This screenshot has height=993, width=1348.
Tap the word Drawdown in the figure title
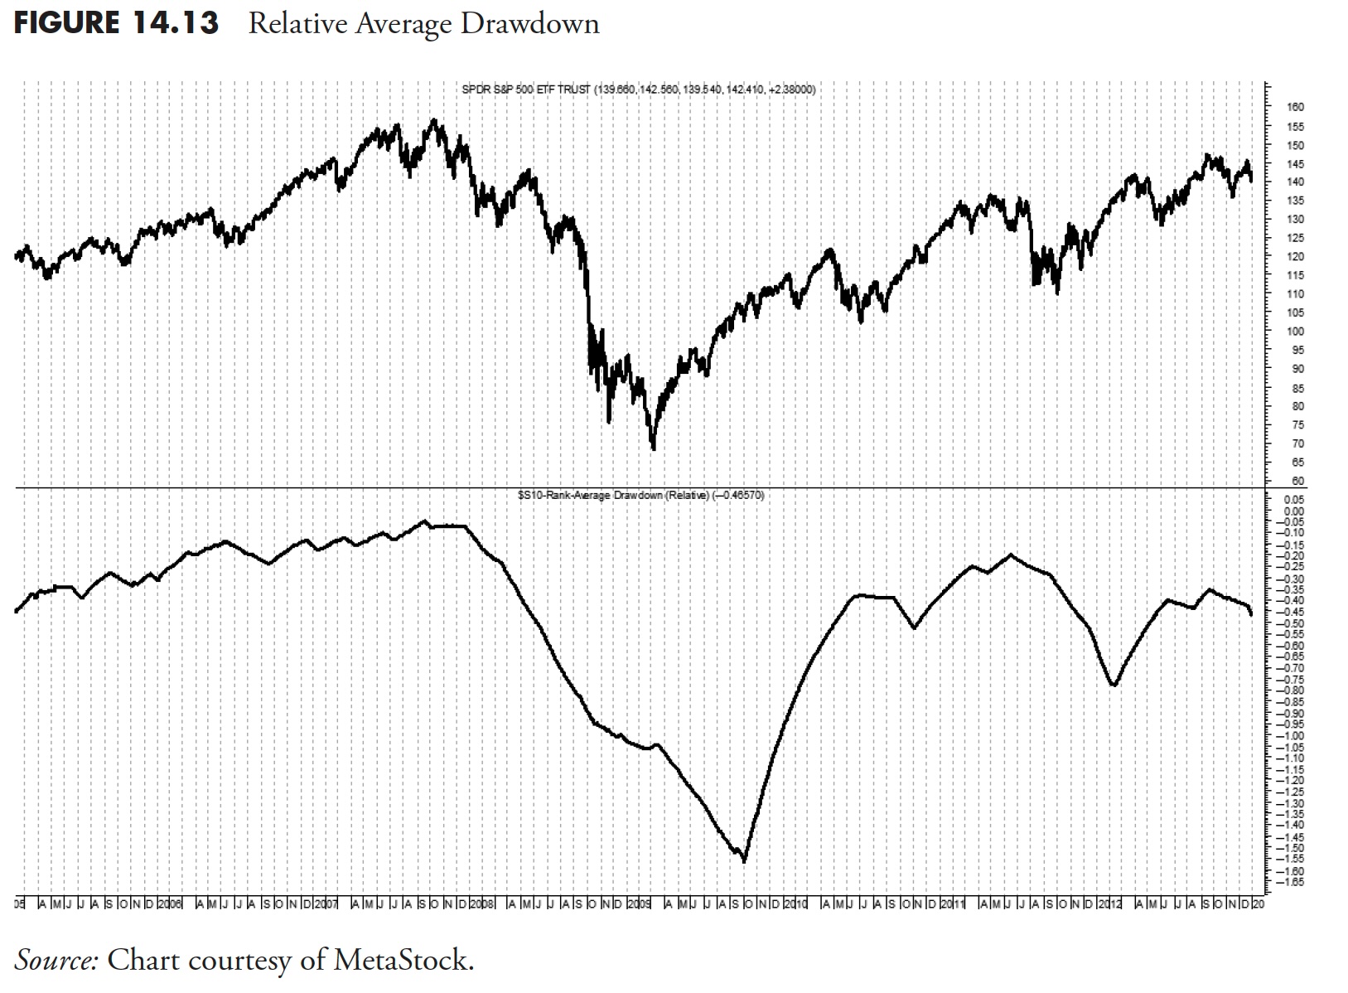tap(529, 23)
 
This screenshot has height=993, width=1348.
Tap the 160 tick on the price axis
tap(1295, 107)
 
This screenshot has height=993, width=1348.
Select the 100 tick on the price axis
tap(1295, 332)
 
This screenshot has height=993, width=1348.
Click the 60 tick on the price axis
tap(1297, 481)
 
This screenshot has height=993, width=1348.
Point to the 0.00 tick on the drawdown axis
tap(1294, 511)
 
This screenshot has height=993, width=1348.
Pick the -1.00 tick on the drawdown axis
tap(1293, 736)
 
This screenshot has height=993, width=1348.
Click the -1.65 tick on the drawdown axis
tap(1293, 883)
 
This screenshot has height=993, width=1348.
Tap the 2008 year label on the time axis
tap(481, 902)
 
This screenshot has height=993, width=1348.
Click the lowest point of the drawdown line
tap(744, 860)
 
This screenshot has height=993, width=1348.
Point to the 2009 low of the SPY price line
tap(654, 448)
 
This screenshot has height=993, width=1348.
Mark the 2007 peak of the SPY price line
tap(433, 120)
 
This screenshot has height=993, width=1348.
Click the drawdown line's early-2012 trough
tap(1114, 685)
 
